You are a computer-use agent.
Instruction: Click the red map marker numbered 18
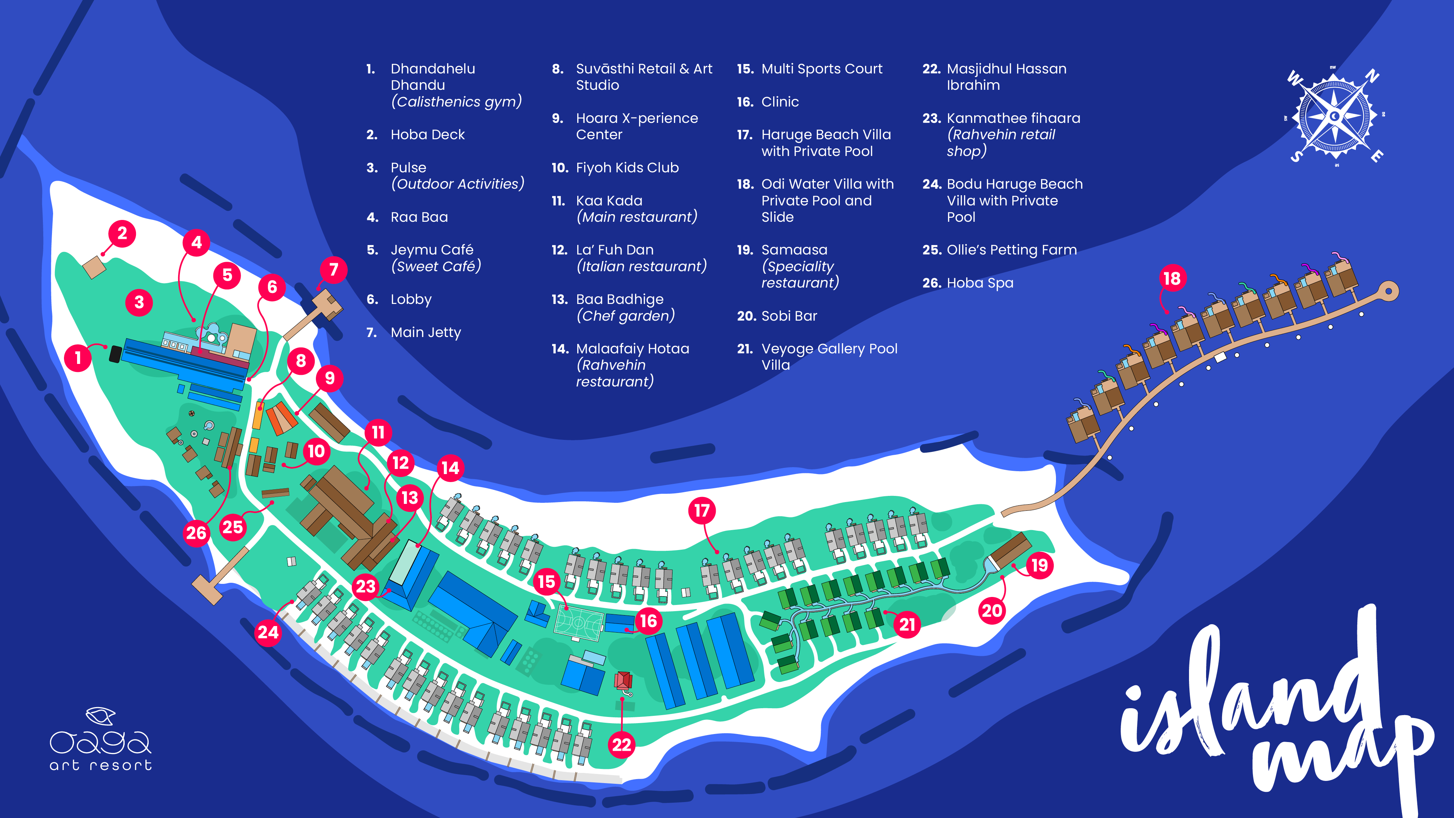pyautogui.click(x=1172, y=278)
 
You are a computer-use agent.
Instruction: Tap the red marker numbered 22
pyautogui.click(x=622, y=745)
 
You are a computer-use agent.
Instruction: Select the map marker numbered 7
pyautogui.click(x=334, y=269)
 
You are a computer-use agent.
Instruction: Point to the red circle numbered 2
pyautogui.click(x=122, y=233)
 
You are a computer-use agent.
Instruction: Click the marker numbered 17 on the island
pyautogui.click(x=702, y=511)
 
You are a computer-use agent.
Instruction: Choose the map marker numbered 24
pyautogui.click(x=268, y=632)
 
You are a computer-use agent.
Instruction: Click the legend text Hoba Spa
pyautogui.click(x=980, y=283)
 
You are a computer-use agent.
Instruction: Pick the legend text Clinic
pyautogui.click(x=780, y=102)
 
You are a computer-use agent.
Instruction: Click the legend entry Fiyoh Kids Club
pyautogui.click(x=627, y=168)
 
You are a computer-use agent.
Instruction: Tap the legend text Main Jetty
pyautogui.click(x=426, y=333)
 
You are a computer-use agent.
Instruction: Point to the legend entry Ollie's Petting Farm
pyautogui.click(x=1012, y=250)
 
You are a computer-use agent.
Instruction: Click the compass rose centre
pyautogui.click(x=1334, y=117)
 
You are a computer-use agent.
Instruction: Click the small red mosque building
pyautogui.click(x=623, y=680)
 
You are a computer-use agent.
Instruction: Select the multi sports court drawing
pyautogui.click(x=579, y=622)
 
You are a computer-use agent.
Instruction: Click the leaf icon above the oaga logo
pyautogui.click(x=100, y=716)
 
